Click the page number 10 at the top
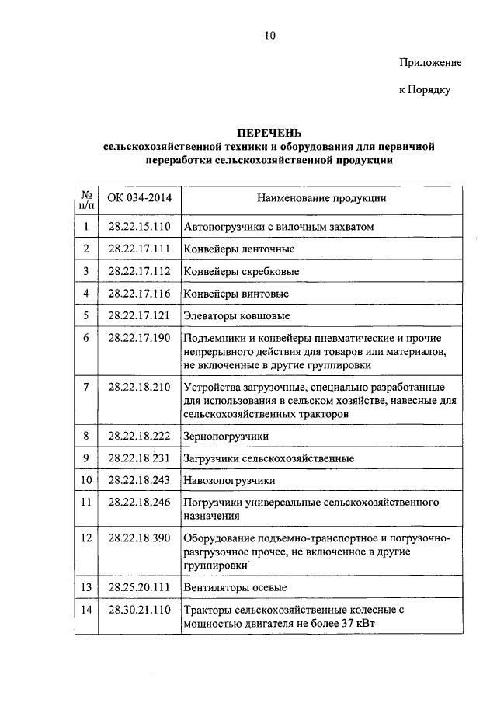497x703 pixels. pyautogui.click(x=269, y=35)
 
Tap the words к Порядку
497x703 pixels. pyautogui.click(x=425, y=90)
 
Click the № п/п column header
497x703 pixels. pyautogui.click(x=86, y=199)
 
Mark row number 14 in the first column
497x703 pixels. pyautogui.click(x=86, y=611)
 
